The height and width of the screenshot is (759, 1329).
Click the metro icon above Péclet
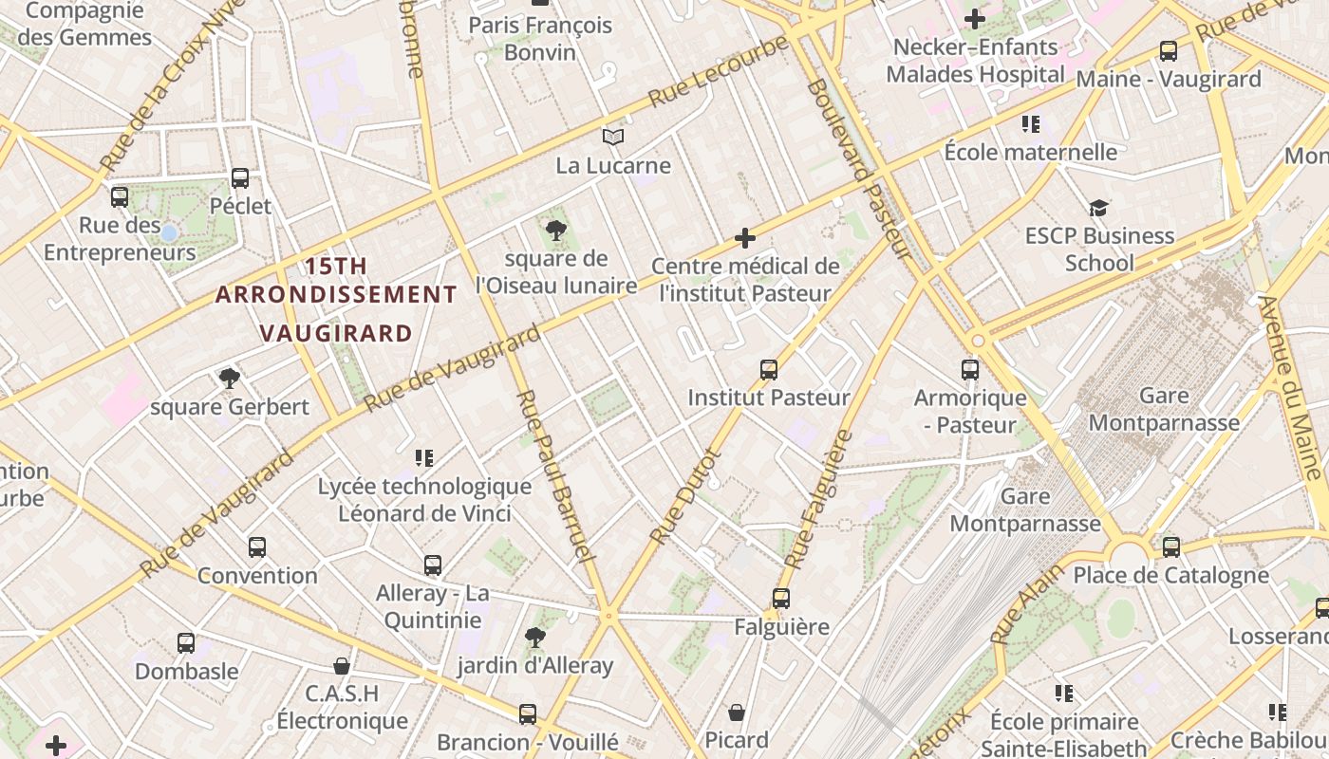point(240,177)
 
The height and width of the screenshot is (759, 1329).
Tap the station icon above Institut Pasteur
point(769,369)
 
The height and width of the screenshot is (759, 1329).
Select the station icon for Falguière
point(781,599)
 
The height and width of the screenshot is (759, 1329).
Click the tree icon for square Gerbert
point(229,379)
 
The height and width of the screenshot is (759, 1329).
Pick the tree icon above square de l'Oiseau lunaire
point(556,230)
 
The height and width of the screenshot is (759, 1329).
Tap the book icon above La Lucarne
point(613,138)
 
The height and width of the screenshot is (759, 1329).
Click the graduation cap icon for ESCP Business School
point(1098,208)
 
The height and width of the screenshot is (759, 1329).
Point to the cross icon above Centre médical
point(745,238)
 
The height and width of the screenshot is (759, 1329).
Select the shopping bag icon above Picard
point(737,712)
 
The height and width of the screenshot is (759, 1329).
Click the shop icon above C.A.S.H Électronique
point(342,666)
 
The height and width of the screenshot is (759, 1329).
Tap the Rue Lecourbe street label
point(718,72)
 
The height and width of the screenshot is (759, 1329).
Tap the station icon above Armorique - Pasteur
point(970,370)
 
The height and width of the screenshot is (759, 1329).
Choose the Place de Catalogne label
point(1170,575)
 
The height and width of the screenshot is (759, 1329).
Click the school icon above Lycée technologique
point(424,458)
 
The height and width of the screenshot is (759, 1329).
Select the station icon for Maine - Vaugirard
point(1169,51)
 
